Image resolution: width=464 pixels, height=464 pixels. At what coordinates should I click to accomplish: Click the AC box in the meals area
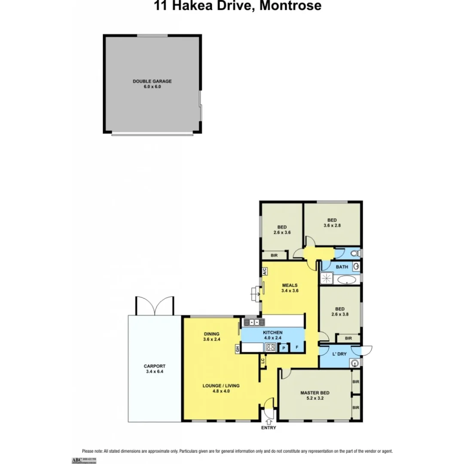265,272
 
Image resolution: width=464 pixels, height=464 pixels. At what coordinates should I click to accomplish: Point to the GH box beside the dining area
237,349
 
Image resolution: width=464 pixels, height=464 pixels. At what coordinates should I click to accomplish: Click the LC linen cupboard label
263,362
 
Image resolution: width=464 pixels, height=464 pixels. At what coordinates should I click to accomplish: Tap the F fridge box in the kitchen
297,348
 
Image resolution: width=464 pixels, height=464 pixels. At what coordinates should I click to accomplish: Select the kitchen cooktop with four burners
271,348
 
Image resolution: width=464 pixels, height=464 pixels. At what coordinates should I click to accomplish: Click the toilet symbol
354,253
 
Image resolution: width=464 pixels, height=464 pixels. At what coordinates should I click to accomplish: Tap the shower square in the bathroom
327,279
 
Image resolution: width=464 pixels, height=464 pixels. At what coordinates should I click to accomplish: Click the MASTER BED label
315,393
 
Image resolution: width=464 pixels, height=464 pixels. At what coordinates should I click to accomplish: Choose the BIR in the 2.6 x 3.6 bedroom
274,255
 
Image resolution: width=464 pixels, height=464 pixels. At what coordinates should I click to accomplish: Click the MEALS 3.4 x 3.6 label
290,287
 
